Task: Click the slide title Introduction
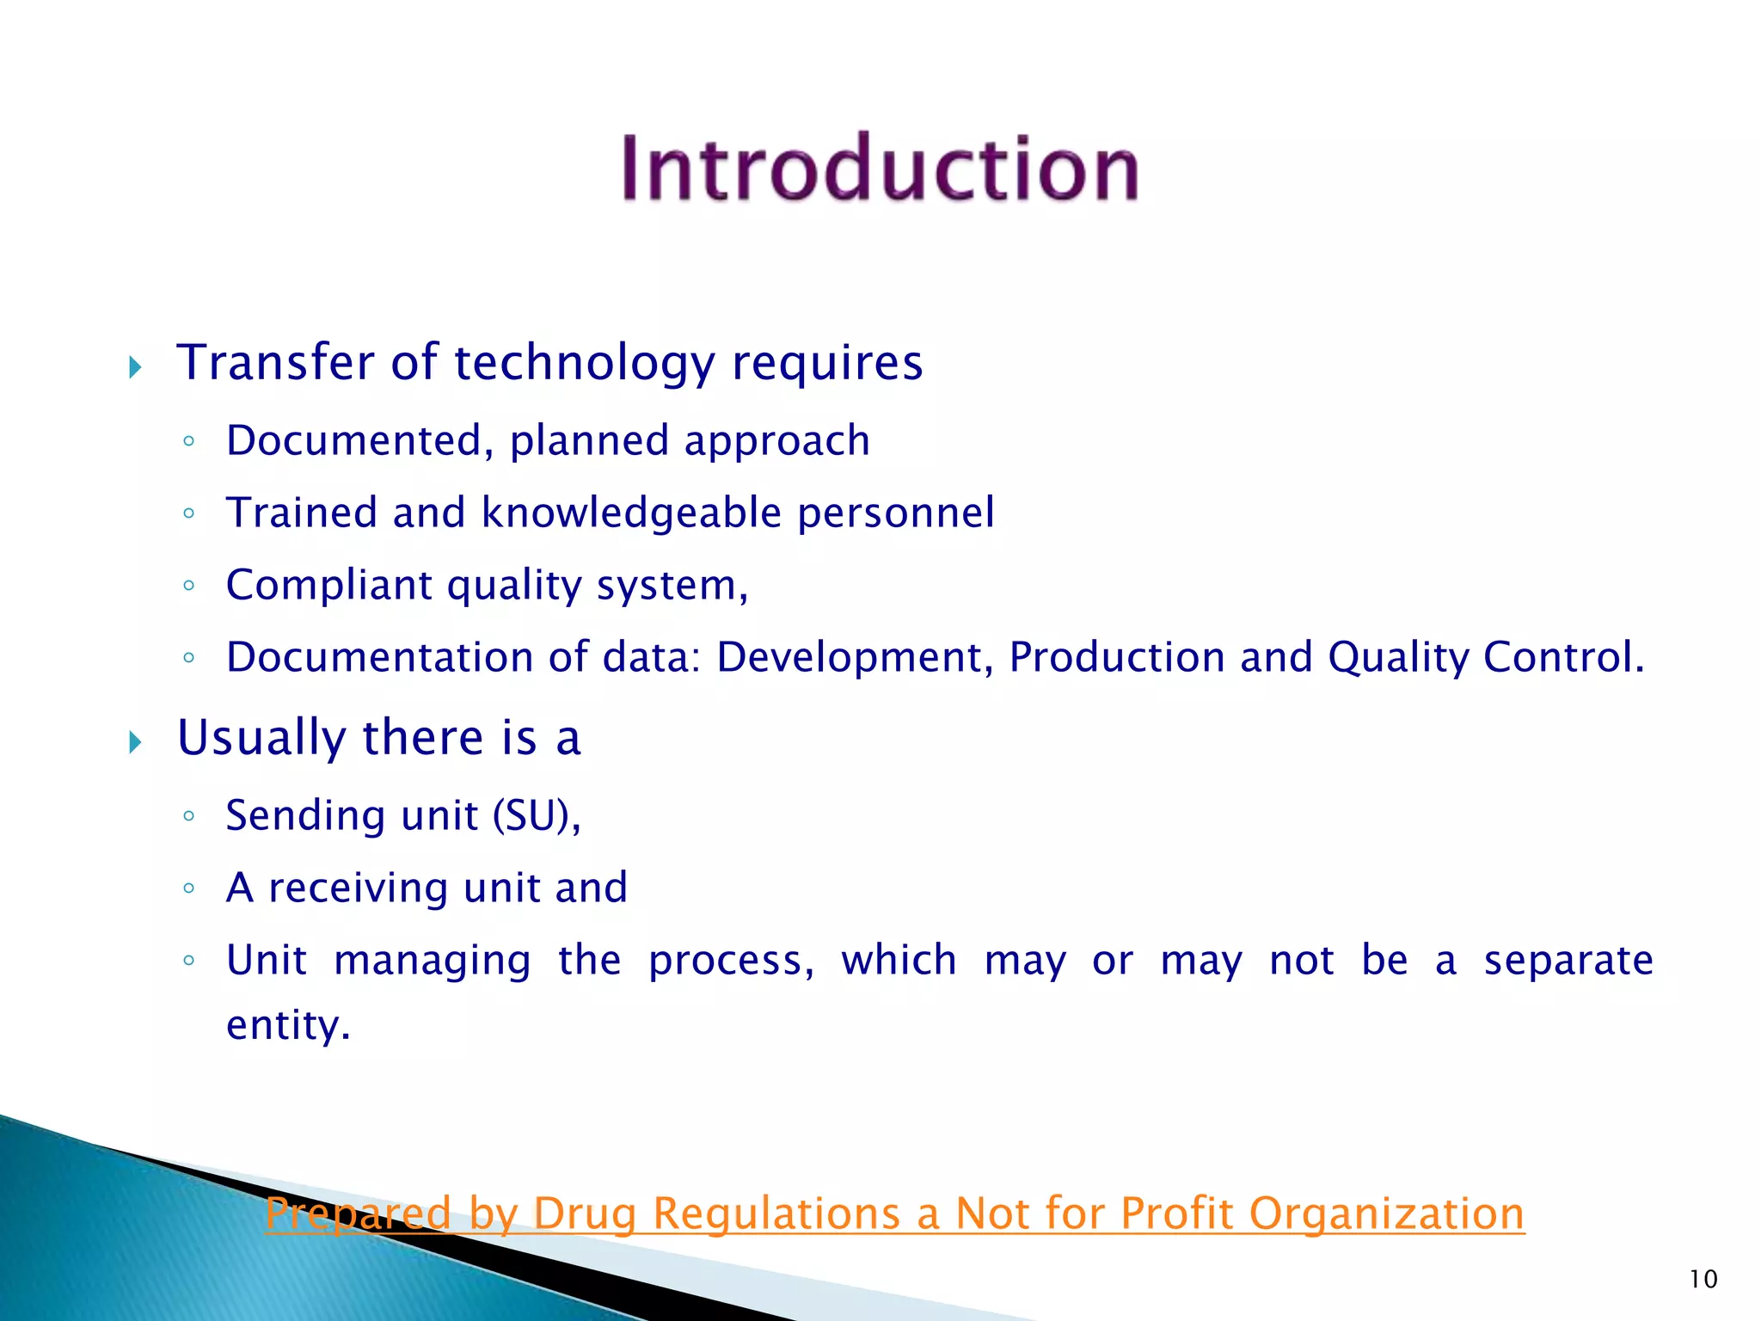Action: click(x=880, y=169)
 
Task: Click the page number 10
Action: click(x=1703, y=1279)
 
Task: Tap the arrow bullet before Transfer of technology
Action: click(x=135, y=368)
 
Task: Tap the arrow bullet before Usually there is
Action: click(x=135, y=742)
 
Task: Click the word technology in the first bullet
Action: click(x=585, y=363)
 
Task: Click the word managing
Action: click(x=433, y=961)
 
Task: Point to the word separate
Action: click(x=1568, y=961)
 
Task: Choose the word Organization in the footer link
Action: click(x=1386, y=1213)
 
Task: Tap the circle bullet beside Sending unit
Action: click(x=189, y=815)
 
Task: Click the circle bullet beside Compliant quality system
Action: click(x=189, y=586)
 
